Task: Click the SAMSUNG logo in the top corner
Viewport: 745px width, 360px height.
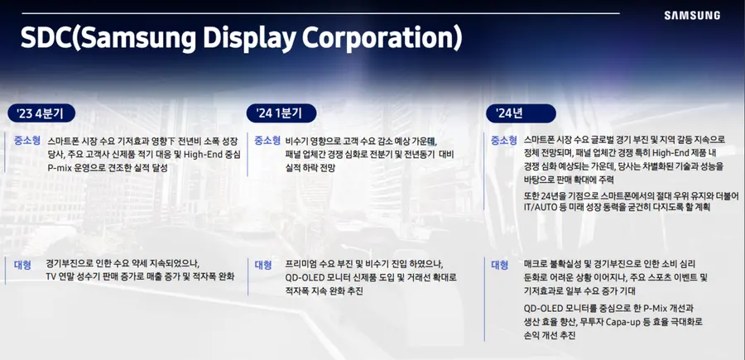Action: [691, 15]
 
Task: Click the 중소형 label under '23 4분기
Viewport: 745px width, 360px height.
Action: [26, 141]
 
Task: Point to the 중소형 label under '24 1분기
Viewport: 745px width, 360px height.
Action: [267, 141]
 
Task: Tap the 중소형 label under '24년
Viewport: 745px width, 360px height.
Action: [503, 141]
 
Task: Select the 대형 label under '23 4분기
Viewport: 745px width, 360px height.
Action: [22, 265]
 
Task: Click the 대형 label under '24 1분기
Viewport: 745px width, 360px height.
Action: [263, 265]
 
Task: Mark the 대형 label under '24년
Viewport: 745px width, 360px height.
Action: [499, 265]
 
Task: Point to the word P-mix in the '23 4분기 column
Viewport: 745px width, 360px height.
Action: [60, 167]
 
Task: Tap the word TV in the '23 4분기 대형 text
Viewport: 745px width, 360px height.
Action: [52, 276]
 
